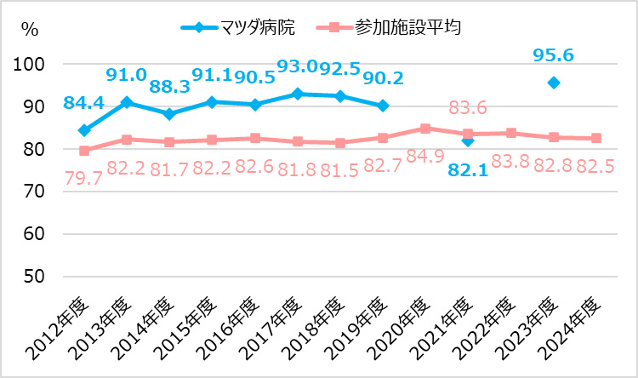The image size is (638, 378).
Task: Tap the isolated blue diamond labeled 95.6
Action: click(554, 83)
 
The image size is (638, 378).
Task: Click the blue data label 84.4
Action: click(83, 104)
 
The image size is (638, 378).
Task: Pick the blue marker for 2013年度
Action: click(127, 102)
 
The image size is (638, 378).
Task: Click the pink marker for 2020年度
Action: click(425, 129)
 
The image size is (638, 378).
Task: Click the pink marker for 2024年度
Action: click(596, 138)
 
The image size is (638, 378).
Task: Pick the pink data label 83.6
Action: click(470, 108)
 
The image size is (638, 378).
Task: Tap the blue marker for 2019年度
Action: click(383, 106)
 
